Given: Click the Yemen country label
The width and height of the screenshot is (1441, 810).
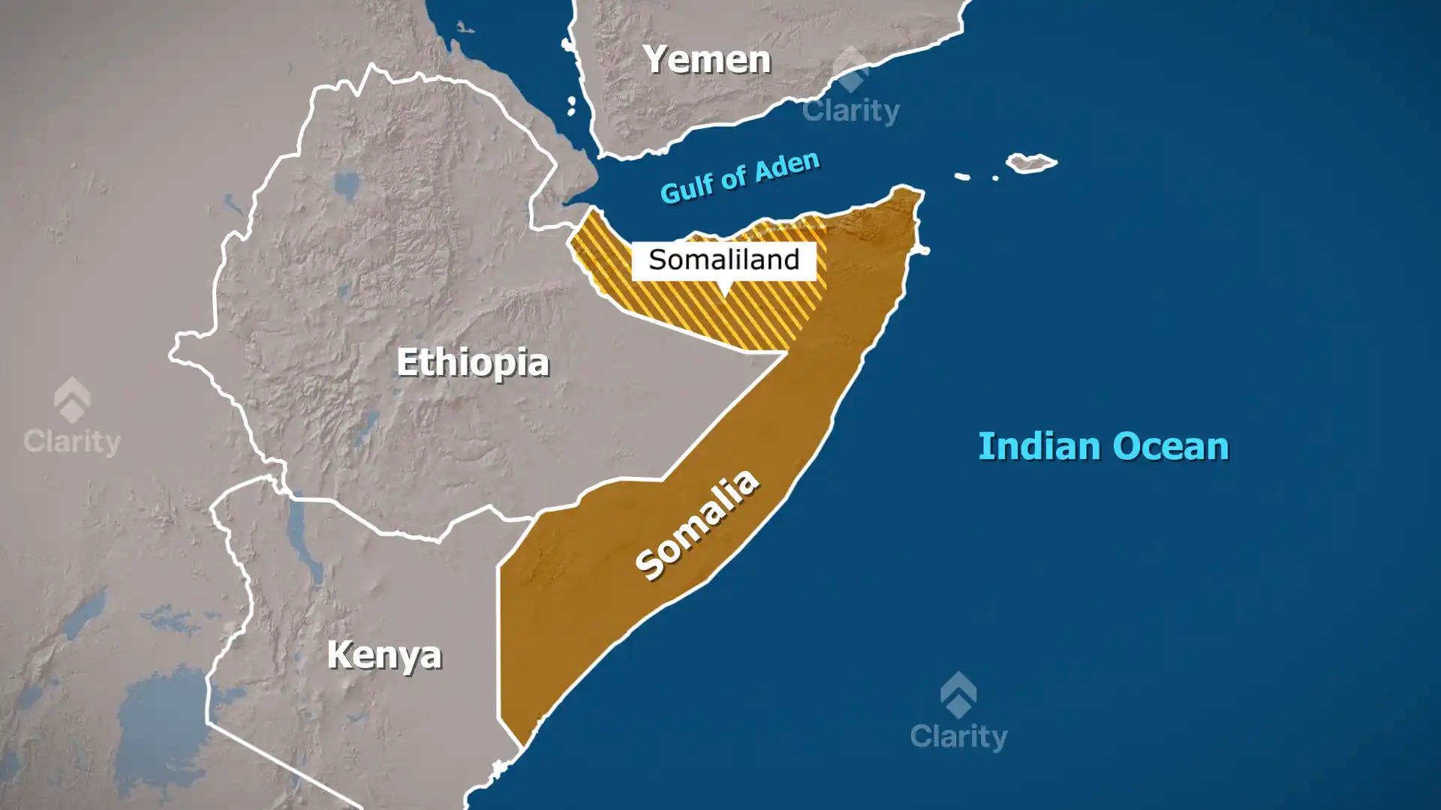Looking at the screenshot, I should [707, 59].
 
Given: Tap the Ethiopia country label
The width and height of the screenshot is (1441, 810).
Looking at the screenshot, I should [473, 363].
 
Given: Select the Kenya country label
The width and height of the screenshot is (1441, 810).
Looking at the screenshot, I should [384, 655].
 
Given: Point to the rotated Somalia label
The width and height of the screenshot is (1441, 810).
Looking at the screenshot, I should [696, 524].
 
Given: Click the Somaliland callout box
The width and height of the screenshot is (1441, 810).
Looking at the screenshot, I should [724, 260].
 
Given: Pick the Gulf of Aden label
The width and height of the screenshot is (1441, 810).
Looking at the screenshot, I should [740, 177].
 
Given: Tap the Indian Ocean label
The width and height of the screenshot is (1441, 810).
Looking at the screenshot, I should [1103, 446].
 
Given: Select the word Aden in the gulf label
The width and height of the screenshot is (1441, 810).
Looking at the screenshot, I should [787, 166].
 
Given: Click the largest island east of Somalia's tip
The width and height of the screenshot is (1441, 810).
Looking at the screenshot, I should [1031, 162].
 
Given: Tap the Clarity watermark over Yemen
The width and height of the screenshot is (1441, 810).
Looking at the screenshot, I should [850, 110].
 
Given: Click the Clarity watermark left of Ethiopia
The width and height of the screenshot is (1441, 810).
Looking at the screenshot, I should [72, 441].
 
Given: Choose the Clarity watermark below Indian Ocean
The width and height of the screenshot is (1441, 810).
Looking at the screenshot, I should [958, 736].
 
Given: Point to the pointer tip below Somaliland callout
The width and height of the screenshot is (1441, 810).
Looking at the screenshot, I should [724, 292].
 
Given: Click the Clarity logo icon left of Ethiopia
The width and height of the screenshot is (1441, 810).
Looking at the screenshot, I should [72, 399].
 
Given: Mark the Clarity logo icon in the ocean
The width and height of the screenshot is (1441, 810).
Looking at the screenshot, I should [958, 694].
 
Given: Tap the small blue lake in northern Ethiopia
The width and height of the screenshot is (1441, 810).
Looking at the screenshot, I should [347, 184].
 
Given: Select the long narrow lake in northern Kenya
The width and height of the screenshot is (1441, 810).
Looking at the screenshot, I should [303, 536].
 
